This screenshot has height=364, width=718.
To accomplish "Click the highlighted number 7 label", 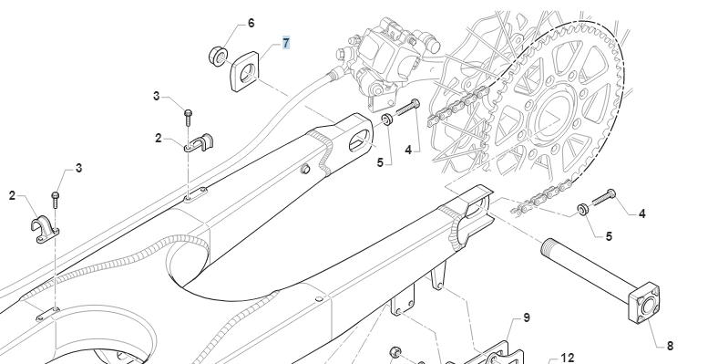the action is coord(286,43).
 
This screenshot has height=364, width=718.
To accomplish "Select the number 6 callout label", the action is coord(251,23).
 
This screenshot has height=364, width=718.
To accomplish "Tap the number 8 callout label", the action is coord(670,346).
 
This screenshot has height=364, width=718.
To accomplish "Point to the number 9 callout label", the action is coord(526,317).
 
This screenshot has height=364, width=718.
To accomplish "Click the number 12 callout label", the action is coord(568,358).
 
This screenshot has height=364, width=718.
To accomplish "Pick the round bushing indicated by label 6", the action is coord(218,56).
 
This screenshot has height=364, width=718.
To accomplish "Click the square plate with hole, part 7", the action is coord(244,71).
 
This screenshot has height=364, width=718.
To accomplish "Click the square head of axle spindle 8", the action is coord(644,303).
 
